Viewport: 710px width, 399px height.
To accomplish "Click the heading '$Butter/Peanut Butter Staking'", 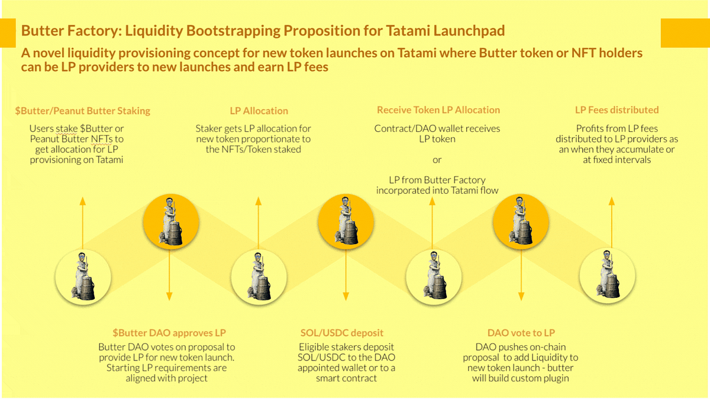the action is tap(83, 111).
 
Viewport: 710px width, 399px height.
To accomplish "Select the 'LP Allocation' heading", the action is tap(259, 111).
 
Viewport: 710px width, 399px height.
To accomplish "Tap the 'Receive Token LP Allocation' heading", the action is tap(438, 110).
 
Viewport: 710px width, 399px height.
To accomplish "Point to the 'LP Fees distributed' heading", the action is tap(617, 110).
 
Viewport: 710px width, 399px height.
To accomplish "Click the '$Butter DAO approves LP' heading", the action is tap(169, 333).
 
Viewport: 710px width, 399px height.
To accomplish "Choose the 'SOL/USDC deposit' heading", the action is tap(342, 333).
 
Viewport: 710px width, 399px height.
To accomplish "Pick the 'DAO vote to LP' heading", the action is tap(521, 333).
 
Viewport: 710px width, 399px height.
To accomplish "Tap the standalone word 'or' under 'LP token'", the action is tap(437, 160).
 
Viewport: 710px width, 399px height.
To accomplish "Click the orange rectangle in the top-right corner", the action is tap(685, 33).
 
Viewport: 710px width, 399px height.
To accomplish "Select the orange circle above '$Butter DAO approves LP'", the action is tap(171, 222).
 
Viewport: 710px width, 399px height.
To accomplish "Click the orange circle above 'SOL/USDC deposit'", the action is tap(346, 222).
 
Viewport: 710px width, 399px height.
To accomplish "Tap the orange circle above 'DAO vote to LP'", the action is tap(521, 222).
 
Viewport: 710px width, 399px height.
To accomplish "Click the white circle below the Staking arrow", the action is tap(83, 277).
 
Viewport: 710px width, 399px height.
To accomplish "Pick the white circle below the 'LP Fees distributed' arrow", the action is tap(608, 276).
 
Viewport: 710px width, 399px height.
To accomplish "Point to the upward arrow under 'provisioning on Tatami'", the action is tap(83, 223).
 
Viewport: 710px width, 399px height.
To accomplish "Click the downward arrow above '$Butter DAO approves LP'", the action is tap(169, 275).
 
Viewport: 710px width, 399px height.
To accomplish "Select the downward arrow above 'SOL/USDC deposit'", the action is tap(346, 275).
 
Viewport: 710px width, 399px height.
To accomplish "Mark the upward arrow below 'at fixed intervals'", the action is tap(612, 223).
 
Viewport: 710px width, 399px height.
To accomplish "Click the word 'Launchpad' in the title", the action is tap(469, 31).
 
